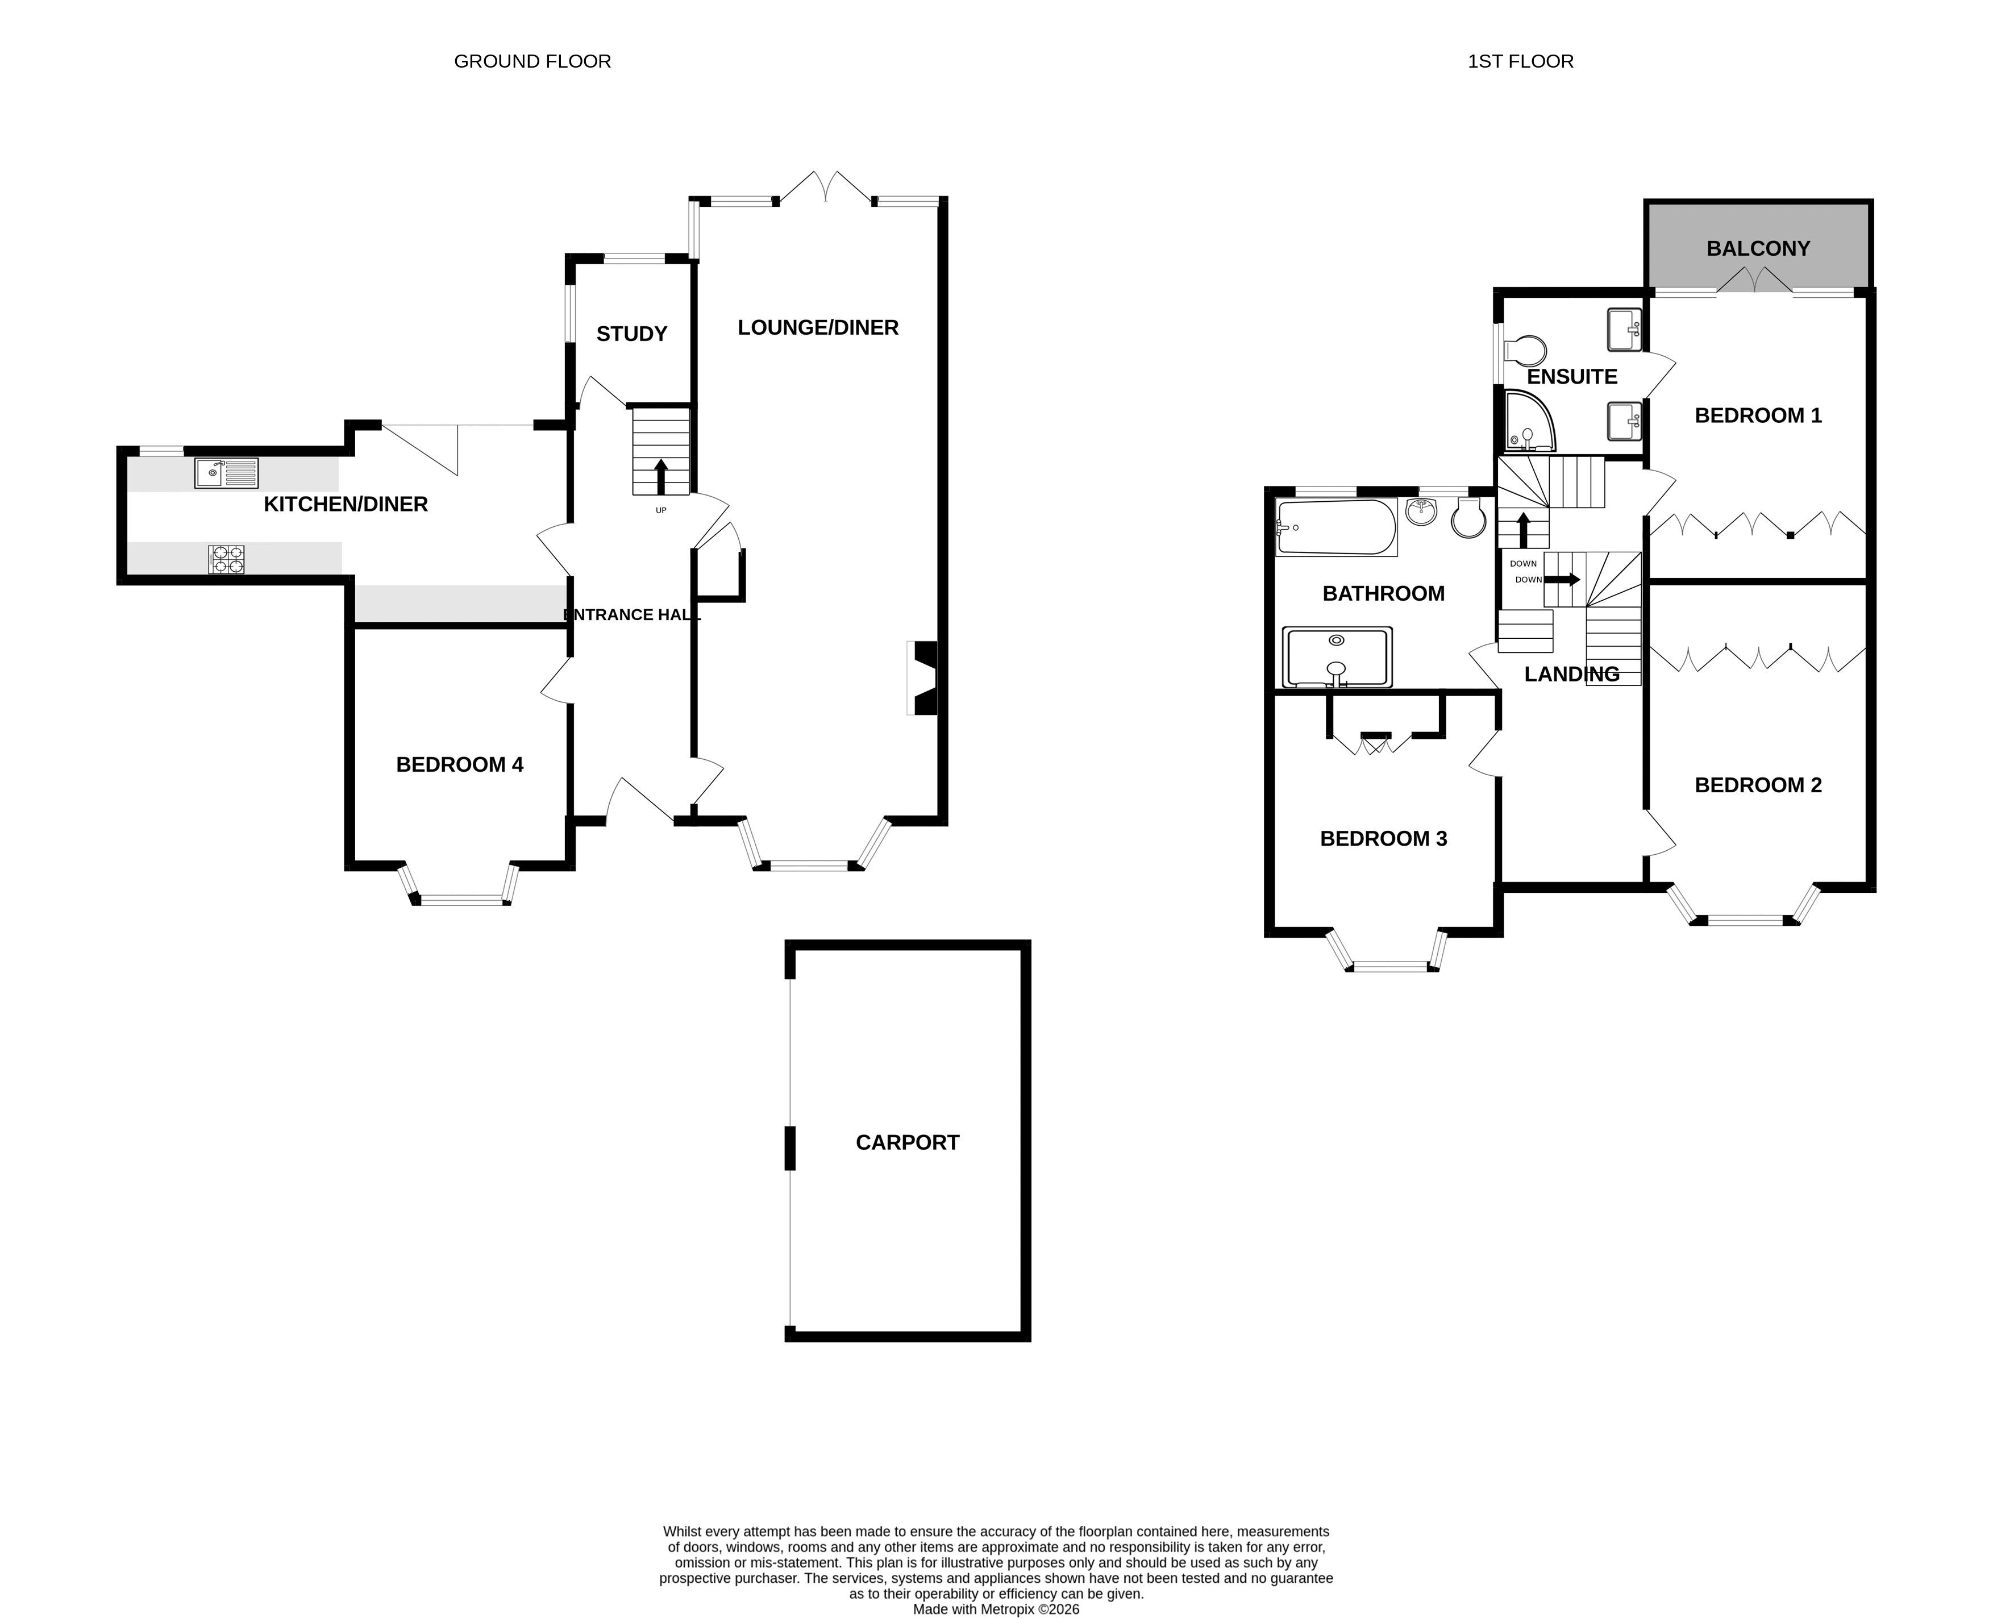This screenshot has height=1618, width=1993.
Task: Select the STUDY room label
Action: tap(632, 334)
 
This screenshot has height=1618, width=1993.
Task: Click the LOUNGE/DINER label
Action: tap(818, 327)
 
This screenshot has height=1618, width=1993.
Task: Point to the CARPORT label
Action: tap(908, 1143)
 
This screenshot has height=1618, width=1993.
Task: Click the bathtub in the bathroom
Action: tap(1336, 527)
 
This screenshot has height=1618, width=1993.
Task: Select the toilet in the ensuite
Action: tap(1524, 351)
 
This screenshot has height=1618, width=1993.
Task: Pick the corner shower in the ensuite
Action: tap(1530, 421)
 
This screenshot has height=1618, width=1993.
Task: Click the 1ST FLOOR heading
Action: tap(1521, 61)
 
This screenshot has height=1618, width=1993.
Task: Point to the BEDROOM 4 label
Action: tap(459, 764)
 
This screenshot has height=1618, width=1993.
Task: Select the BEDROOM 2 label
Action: tap(1758, 785)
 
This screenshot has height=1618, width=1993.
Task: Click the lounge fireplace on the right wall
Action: tap(922, 677)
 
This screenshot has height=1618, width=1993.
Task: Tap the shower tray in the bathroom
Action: tap(1337, 657)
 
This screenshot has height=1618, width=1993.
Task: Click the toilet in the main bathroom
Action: tap(1467, 518)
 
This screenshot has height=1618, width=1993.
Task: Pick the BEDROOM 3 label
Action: tap(1384, 838)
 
